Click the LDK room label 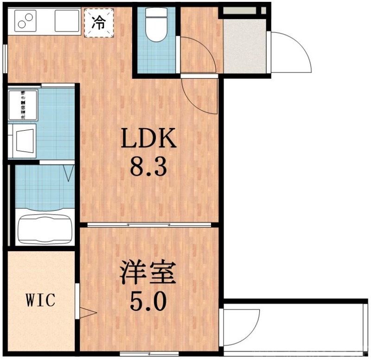pos(149,138)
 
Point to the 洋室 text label pos(148,273)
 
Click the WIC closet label pos(40,300)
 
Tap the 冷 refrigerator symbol pos(98,23)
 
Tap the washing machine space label pos(22,106)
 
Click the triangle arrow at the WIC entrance pos(87,313)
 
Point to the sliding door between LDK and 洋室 pos(149,225)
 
